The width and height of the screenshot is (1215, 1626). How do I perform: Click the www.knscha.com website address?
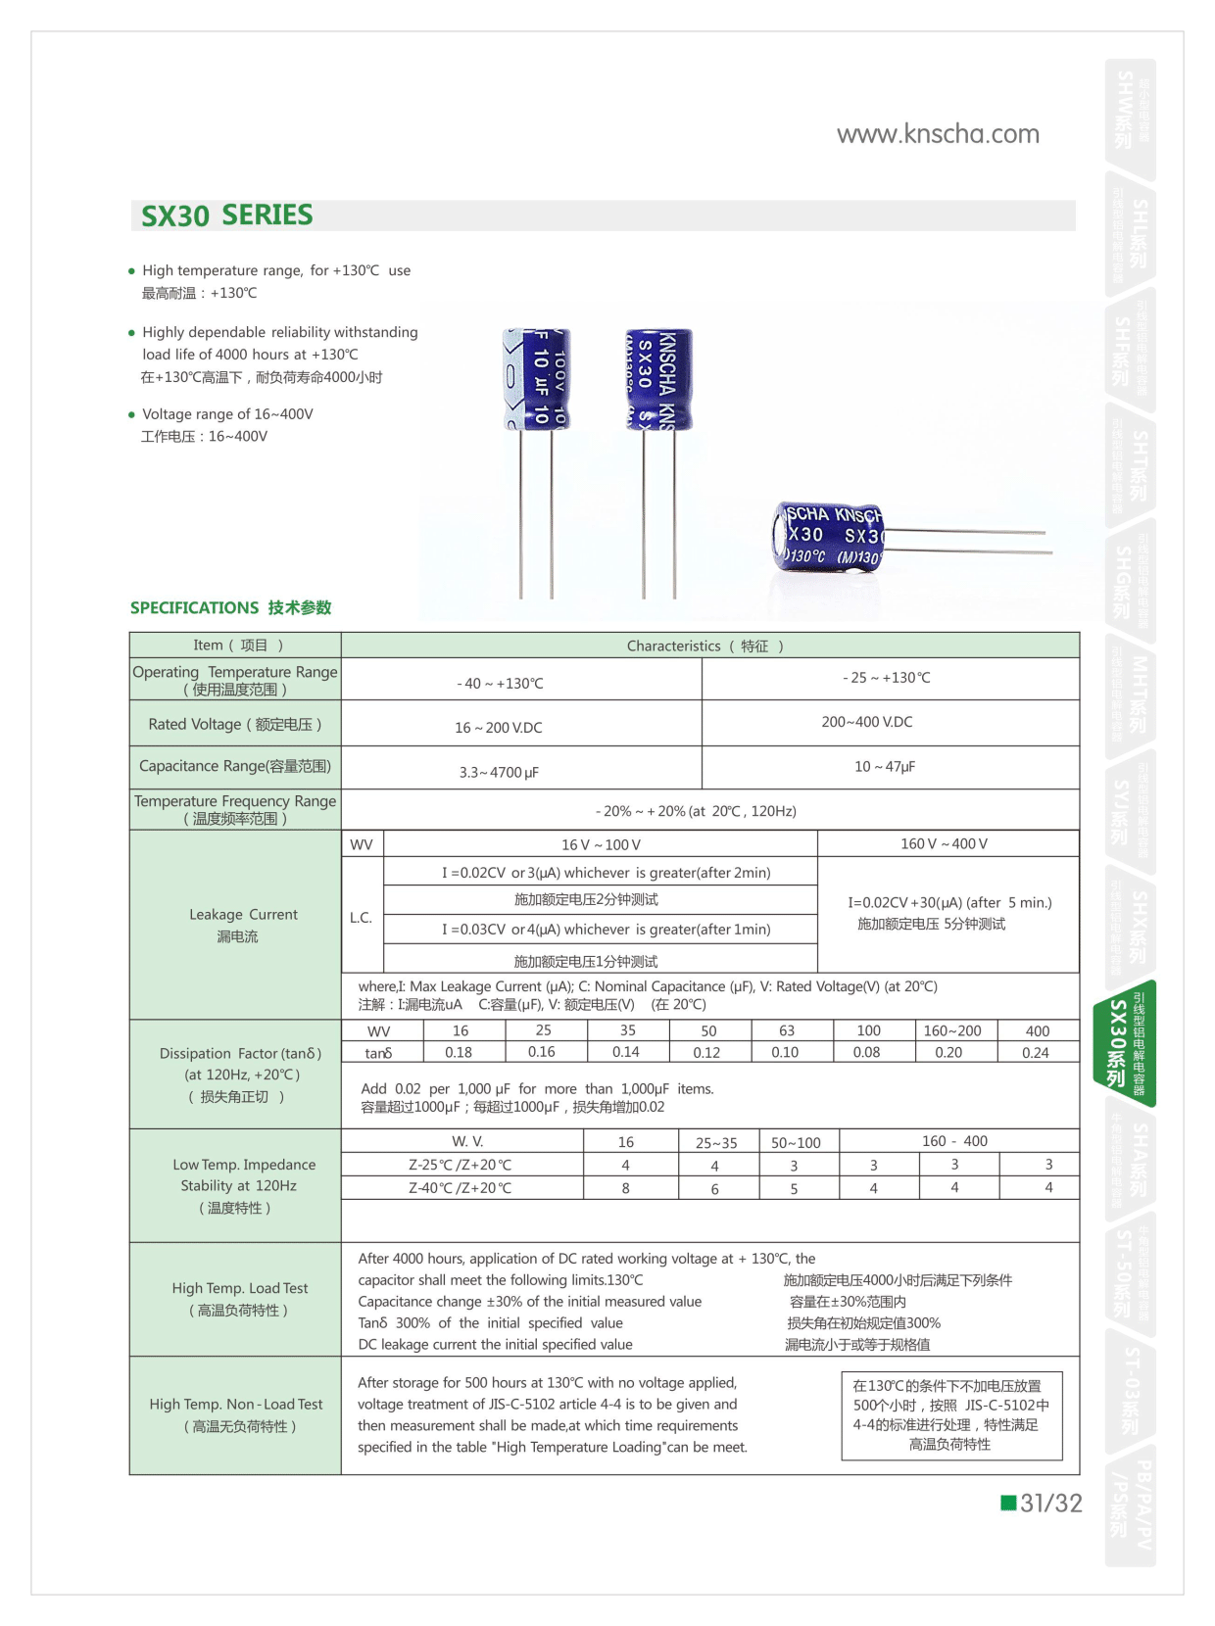tap(938, 134)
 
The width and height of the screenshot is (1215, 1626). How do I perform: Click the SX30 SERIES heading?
tap(227, 215)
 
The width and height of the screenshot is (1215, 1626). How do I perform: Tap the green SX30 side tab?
tap(1124, 1043)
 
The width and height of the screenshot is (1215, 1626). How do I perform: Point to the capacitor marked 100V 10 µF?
tap(537, 379)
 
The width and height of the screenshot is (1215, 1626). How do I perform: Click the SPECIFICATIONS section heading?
tap(230, 607)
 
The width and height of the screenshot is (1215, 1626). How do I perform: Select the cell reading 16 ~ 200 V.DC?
tap(498, 728)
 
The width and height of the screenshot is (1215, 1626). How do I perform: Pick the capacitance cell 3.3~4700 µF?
tap(499, 772)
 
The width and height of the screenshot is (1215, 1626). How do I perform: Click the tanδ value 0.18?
tap(459, 1053)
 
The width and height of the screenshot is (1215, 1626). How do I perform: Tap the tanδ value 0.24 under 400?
tap(1036, 1053)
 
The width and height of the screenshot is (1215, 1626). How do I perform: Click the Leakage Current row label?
tap(242, 925)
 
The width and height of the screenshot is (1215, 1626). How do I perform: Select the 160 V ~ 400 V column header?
tap(944, 844)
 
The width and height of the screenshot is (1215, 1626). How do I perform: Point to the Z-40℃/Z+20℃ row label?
tap(460, 1188)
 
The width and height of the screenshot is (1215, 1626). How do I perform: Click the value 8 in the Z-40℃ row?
tap(626, 1188)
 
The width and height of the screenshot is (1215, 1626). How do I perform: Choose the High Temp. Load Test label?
tap(239, 1299)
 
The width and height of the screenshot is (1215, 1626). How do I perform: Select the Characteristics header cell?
tap(705, 646)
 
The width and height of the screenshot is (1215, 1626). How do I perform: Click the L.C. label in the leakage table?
tap(361, 918)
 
